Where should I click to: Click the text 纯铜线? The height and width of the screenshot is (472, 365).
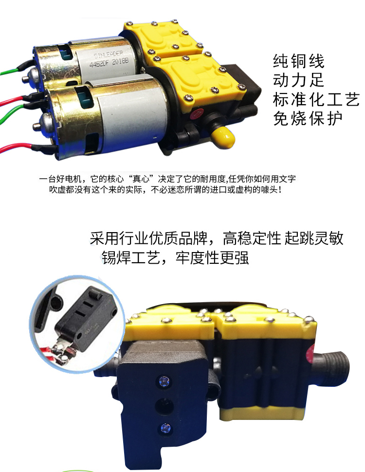tap(298, 61)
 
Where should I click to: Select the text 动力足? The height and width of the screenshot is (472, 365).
tap(298, 80)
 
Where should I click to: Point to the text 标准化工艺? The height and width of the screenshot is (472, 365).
tap(316, 99)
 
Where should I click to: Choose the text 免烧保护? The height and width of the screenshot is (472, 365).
tap(308, 118)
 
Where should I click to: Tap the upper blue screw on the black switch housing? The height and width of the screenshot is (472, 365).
tap(164, 381)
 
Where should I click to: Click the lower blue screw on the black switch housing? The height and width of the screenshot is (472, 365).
tap(165, 428)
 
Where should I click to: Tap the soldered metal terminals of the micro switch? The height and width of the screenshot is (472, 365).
tap(63, 350)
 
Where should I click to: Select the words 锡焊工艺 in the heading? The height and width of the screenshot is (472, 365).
tap(130, 257)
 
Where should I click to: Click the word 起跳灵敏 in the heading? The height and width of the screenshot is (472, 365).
tap(313, 238)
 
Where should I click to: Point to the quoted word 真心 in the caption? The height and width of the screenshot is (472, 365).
tap(141, 179)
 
